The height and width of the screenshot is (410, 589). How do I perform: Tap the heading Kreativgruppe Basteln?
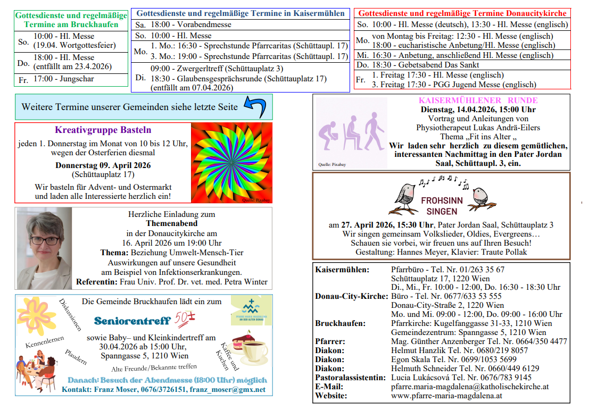(103, 130)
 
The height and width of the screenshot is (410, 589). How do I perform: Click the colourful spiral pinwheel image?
(231, 163)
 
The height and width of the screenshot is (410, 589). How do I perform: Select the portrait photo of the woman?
(44, 248)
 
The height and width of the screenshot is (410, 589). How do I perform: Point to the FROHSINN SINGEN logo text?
(442, 206)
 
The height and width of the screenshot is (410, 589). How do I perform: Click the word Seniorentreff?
(132, 321)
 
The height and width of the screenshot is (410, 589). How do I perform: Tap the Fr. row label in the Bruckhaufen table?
(23, 79)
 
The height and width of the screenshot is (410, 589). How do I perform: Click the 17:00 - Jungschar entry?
(63, 79)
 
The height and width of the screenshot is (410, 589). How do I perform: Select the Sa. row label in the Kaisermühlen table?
(140, 25)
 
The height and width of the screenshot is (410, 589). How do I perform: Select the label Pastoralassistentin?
(350, 378)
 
